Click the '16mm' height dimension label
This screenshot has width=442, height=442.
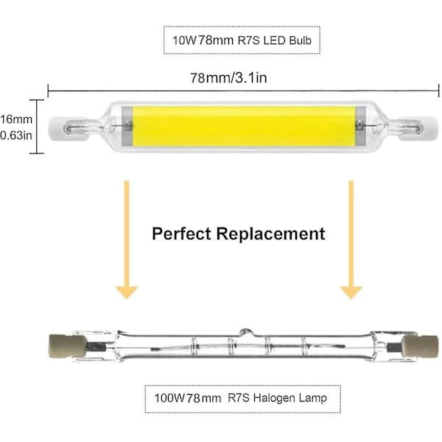14,119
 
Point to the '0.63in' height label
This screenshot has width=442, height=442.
14,135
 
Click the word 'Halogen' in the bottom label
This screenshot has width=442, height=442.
276,399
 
